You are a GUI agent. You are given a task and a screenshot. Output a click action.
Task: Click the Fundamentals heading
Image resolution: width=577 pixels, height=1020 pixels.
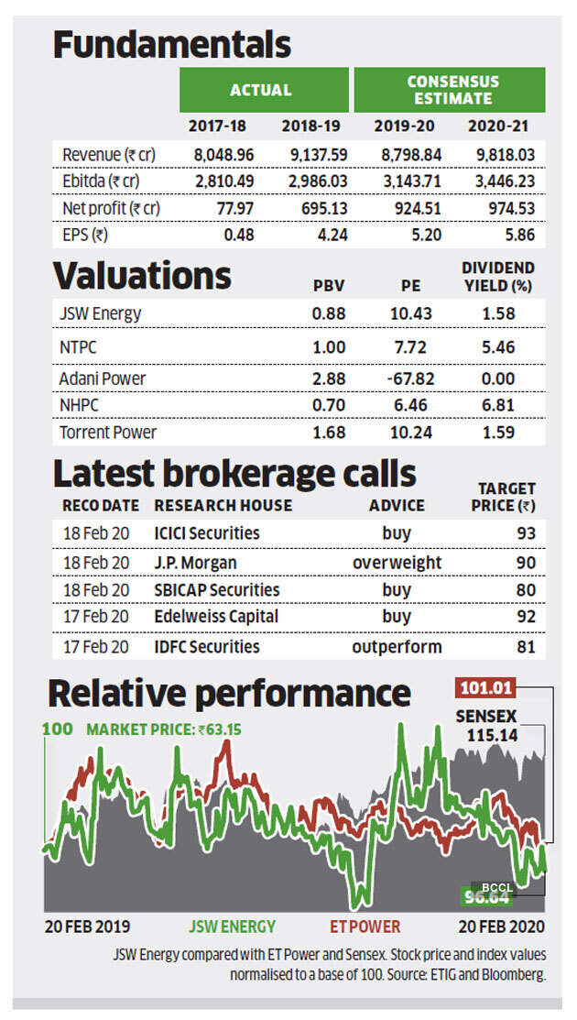pos(170,43)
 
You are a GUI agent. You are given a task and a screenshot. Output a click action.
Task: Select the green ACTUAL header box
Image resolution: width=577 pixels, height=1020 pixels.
pos(260,90)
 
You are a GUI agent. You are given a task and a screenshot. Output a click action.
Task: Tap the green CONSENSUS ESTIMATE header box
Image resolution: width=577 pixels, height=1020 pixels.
pos(449,90)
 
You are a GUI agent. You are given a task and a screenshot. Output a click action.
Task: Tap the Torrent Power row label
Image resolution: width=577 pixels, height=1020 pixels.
pos(109,432)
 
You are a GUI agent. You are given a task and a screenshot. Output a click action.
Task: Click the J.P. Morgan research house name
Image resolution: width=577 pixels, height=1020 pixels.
pos(194,562)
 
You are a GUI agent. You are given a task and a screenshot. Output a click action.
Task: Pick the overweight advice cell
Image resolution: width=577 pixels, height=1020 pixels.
pos(397,562)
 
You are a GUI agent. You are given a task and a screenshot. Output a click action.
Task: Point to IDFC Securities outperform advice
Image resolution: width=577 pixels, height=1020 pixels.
pos(397,647)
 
